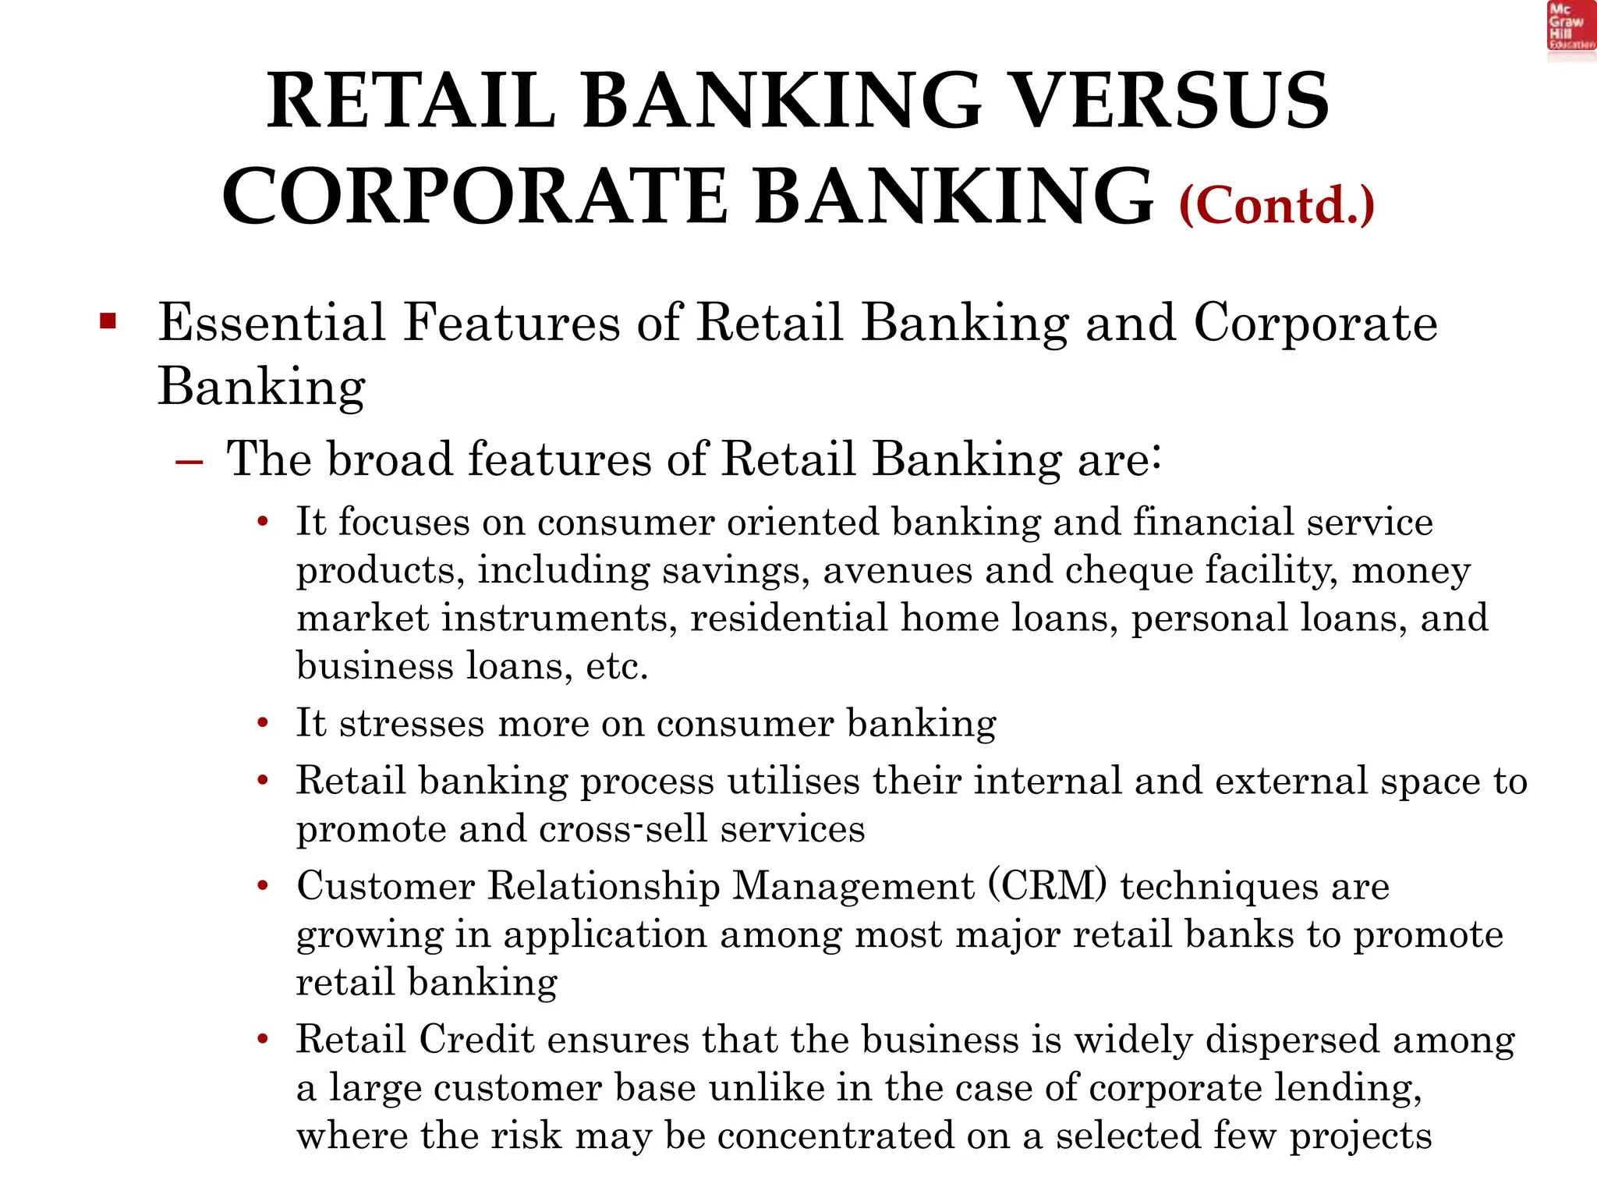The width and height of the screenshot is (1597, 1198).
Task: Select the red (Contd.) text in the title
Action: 1277,205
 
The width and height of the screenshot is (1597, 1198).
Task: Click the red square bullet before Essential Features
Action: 108,321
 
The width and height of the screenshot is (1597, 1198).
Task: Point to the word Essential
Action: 271,321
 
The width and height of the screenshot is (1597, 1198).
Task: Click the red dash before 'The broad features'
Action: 189,462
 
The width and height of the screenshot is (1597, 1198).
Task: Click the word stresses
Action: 413,723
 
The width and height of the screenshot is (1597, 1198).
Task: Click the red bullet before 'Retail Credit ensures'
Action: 264,1040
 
